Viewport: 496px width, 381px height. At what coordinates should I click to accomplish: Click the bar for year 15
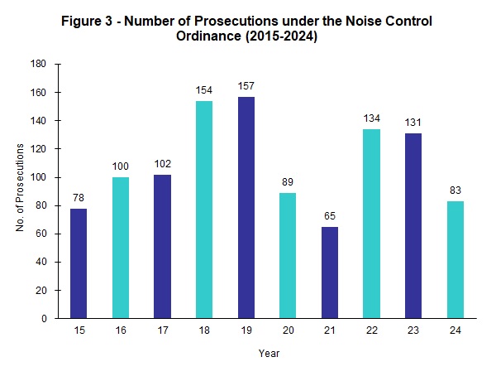point(79,263)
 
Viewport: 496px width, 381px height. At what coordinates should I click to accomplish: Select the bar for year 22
point(372,224)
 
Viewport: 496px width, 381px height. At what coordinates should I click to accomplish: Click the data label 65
point(330,216)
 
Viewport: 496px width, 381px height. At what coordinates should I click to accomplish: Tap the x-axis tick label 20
point(288,330)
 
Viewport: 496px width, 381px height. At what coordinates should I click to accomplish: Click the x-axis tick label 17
point(161,330)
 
